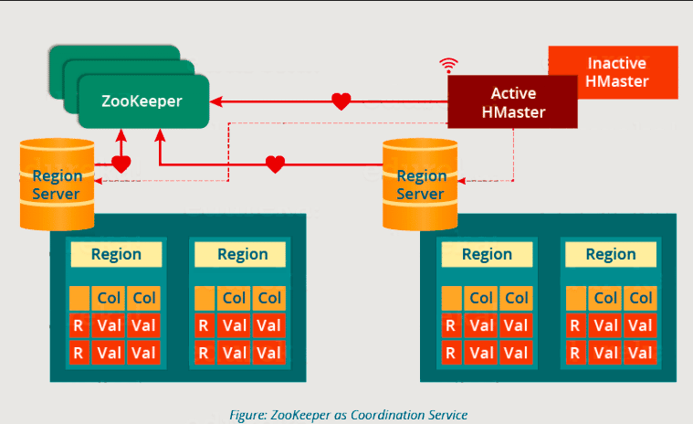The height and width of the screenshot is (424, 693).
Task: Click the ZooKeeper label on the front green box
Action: tap(142, 101)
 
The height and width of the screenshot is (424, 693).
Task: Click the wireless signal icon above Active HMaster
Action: tap(447, 65)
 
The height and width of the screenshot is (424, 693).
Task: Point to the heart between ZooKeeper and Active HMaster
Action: tap(341, 101)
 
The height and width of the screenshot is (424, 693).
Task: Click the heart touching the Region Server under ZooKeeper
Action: tap(121, 164)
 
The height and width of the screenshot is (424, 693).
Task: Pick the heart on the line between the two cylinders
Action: tap(275, 164)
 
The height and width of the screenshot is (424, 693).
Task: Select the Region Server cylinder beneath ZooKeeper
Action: tap(57, 184)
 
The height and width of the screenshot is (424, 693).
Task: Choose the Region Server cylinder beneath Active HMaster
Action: tap(420, 184)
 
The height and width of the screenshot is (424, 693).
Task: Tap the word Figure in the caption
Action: tap(247, 415)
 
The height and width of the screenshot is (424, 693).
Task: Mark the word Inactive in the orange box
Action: tap(617, 63)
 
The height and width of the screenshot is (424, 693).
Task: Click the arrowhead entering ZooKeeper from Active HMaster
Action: tap(216, 101)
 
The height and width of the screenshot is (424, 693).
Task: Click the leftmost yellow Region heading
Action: tap(116, 254)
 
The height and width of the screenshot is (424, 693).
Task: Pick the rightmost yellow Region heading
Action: tap(610, 254)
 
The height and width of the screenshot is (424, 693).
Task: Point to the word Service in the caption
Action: tap(443, 415)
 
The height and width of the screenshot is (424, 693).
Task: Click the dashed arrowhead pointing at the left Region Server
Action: tap(100, 181)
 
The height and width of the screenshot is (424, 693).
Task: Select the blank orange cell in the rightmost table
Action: tap(576, 298)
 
